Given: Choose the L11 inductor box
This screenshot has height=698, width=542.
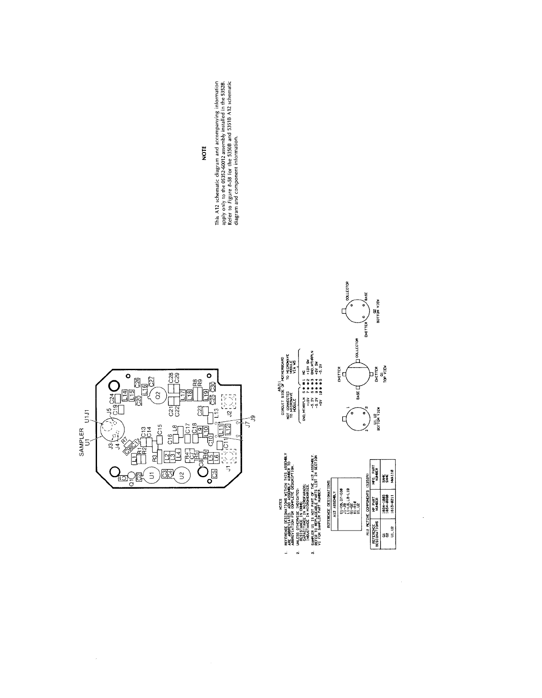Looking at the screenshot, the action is [x=221, y=429].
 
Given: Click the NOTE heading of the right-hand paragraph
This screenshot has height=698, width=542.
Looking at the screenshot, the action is [x=204, y=156].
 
